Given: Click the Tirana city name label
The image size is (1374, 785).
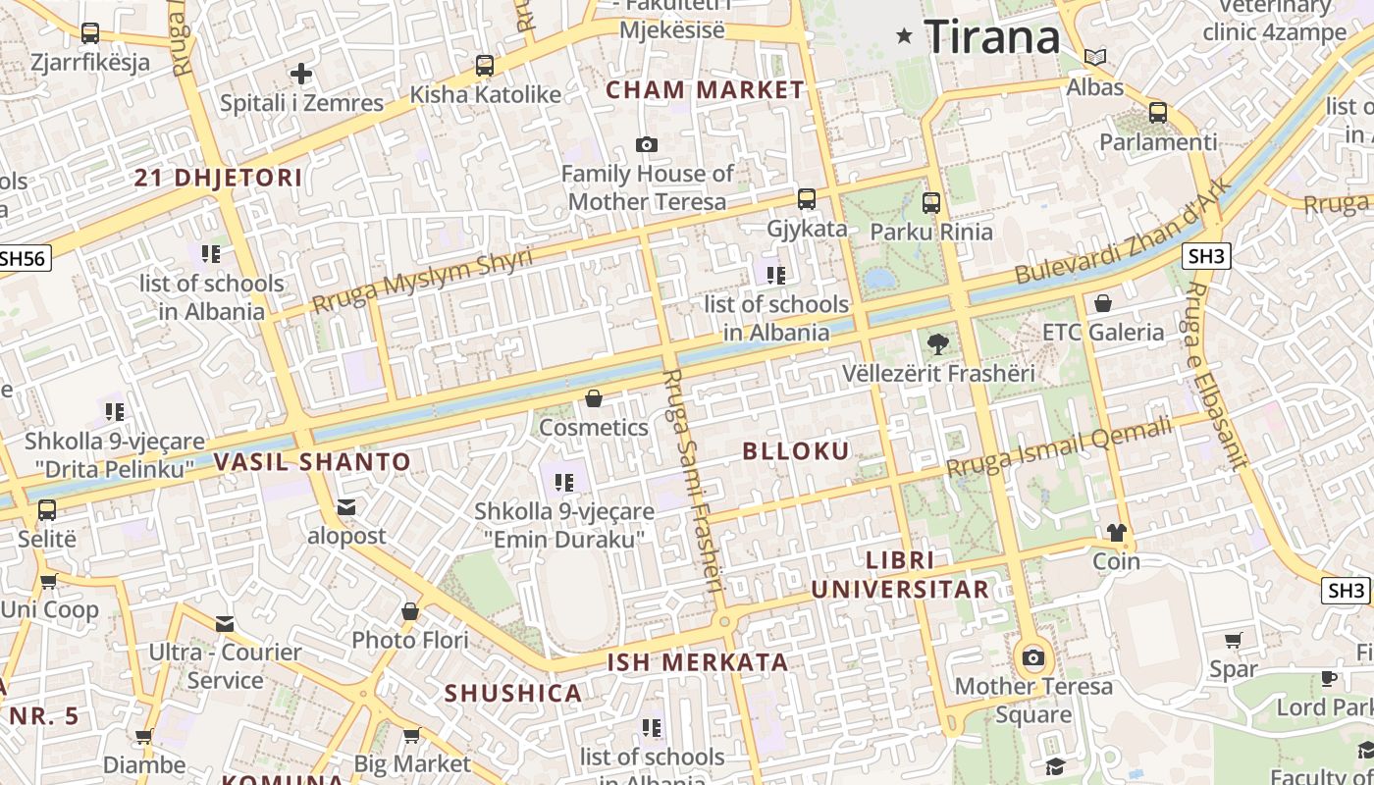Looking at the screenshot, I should [992, 37].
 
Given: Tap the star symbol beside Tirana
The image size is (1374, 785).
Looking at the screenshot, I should [904, 36].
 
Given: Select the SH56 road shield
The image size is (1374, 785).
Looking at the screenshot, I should [23, 258].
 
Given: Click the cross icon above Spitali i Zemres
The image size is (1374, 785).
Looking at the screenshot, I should [301, 73].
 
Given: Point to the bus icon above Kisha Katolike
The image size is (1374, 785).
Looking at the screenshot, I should [485, 66].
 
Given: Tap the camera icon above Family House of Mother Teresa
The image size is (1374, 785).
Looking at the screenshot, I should [646, 145].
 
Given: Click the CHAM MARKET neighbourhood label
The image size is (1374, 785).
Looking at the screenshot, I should [705, 90].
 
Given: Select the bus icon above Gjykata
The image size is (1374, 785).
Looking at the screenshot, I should [807, 199].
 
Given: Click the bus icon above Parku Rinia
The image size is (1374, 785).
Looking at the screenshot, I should [931, 203].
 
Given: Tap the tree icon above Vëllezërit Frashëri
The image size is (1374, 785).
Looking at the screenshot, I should [937, 344].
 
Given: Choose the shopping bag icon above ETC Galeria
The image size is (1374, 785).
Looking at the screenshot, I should [1103, 303].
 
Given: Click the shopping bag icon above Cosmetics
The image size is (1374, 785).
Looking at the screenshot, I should [594, 398].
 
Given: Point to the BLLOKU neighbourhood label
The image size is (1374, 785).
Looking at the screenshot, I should [796, 451].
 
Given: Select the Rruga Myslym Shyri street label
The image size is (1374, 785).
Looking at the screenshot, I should [422, 281].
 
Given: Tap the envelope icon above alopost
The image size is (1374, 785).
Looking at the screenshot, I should [346, 507].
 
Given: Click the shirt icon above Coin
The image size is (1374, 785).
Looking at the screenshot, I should [1117, 533].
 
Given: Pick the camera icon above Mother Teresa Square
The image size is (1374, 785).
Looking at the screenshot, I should [1033, 657].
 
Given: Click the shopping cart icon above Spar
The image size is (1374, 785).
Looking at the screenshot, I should [1234, 641].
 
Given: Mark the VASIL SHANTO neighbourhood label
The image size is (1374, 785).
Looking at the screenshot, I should [312, 461].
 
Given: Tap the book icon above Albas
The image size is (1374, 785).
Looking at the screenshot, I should [1095, 58].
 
